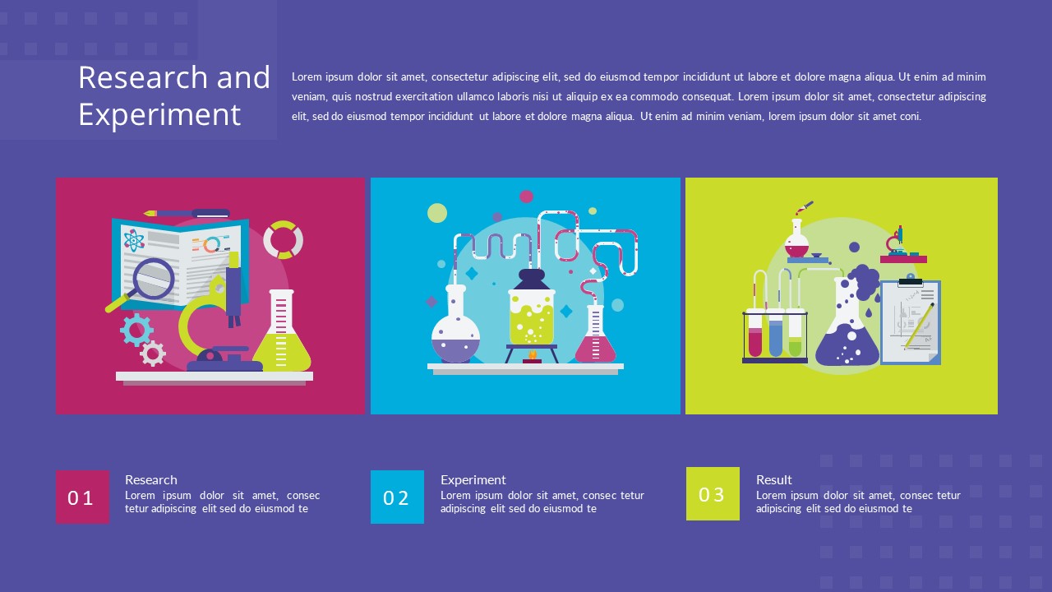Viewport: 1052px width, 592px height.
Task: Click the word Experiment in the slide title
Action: point(159,114)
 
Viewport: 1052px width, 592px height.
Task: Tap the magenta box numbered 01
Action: point(82,497)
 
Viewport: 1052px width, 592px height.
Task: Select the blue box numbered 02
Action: point(397,497)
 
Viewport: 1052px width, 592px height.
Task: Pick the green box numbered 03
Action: point(713,493)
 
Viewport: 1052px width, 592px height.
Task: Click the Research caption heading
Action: point(151,479)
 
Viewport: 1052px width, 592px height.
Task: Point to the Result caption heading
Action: point(774,479)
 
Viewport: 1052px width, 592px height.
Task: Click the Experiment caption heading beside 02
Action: point(473,479)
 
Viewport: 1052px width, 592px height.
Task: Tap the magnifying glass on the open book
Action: point(153,277)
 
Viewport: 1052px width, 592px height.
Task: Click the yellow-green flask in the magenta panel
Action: point(282,337)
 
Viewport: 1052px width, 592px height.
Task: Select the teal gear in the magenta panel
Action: point(136,329)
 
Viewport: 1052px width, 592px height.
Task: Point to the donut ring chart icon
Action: point(284,239)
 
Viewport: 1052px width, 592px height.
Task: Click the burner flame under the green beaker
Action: point(532,355)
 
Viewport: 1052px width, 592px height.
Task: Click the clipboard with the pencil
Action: point(911,322)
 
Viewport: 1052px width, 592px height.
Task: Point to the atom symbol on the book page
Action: point(134,241)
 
